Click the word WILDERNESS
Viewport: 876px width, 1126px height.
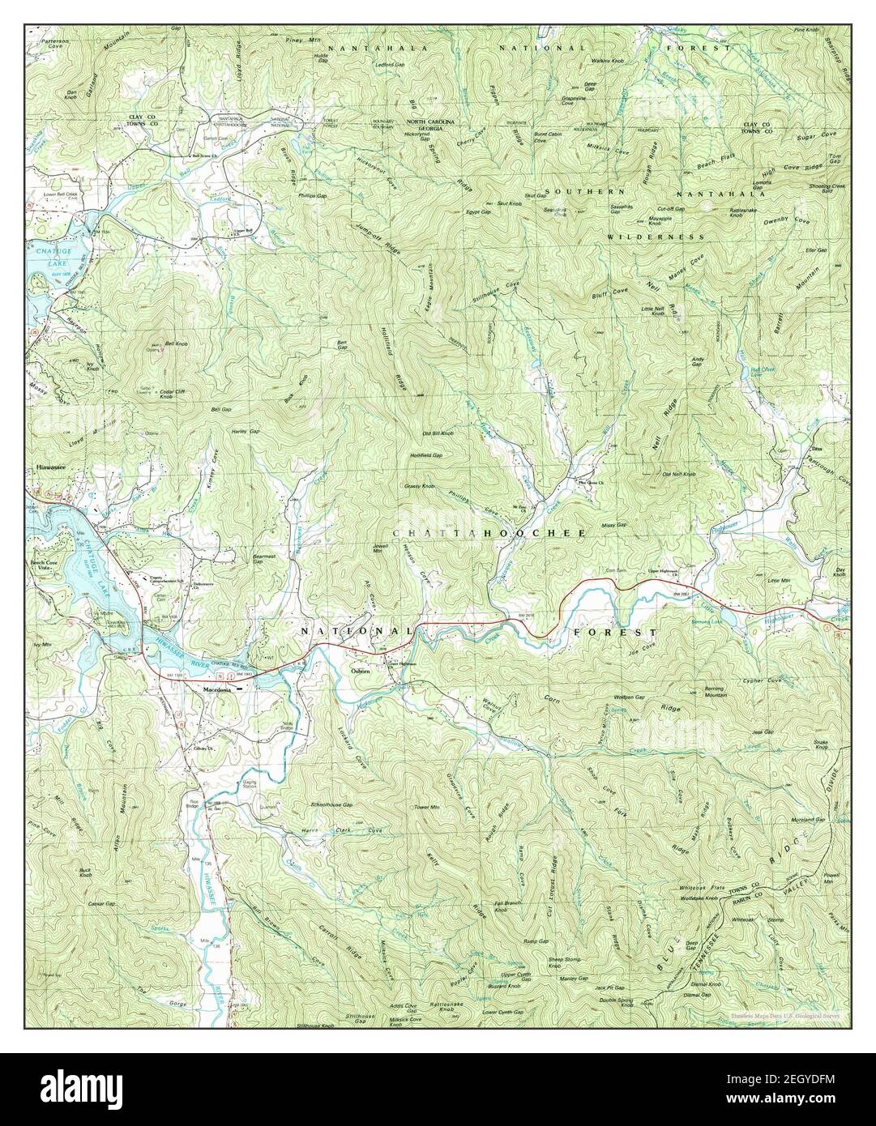[x=656, y=237]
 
